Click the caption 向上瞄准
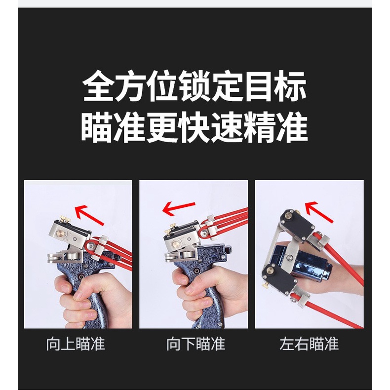pyautogui.click(x=76, y=344)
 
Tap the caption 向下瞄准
pyautogui.click(x=196, y=344)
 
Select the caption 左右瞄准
pyautogui.click(x=309, y=344)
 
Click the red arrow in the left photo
pyautogui.click(x=89, y=215)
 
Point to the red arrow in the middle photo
pyautogui.click(x=179, y=208)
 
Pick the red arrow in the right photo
pyautogui.click(x=319, y=211)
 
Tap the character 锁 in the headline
pyautogui.click(x=195, y=86)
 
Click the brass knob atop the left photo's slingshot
pyautogui.click(x=65, y=219)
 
